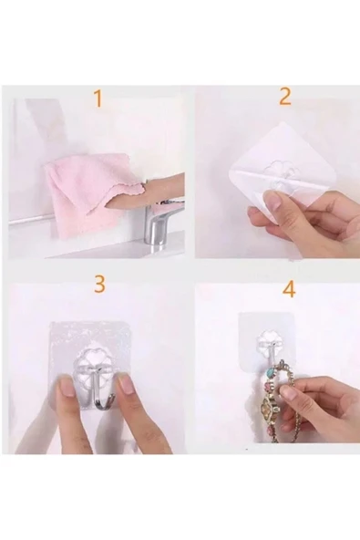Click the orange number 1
(x=98, y=99)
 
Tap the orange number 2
(x=284, y=97)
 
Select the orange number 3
(x=98, y=284)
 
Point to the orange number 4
(x=288, y=290)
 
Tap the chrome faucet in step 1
(x=159, y=223)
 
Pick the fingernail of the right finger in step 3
(x=126, y=385)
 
